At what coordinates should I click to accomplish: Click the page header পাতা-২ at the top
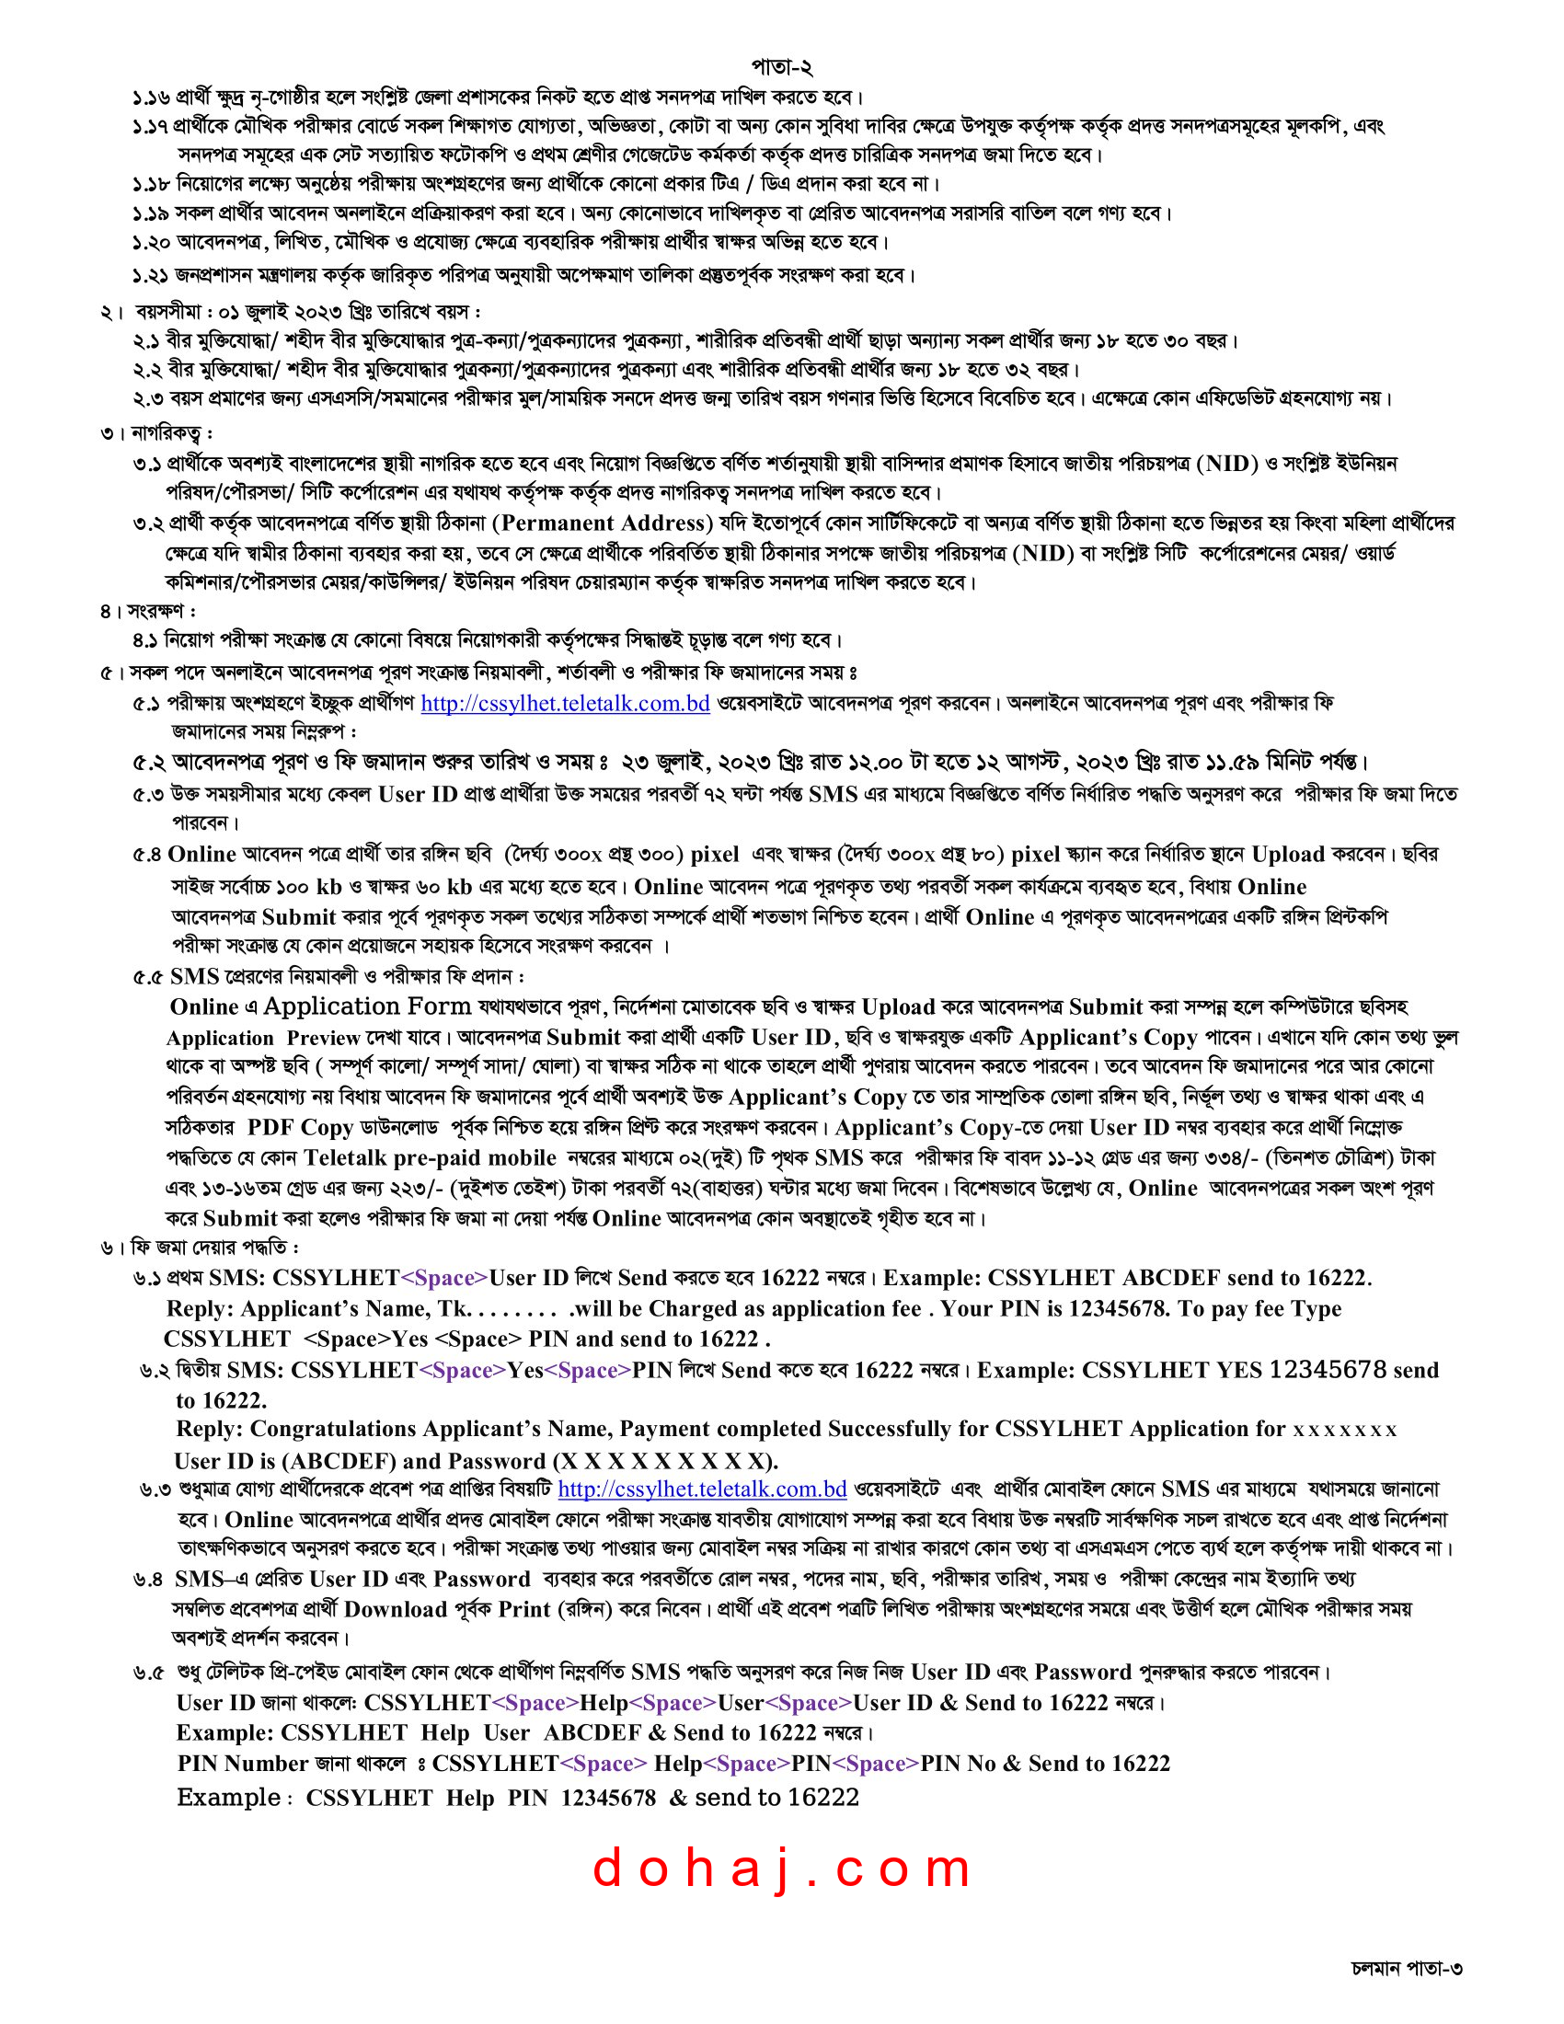781,67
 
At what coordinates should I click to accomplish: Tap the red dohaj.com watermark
781,1869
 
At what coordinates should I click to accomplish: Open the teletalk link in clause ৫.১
565,704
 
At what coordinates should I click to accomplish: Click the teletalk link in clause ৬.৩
701,1489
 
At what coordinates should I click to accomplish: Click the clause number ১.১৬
151,98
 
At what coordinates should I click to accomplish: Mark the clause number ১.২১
151,275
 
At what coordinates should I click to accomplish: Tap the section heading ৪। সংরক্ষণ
148,612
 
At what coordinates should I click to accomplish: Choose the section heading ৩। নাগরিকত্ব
157,432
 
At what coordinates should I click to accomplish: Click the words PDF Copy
300,1128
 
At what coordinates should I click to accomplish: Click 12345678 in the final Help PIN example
608,1798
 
